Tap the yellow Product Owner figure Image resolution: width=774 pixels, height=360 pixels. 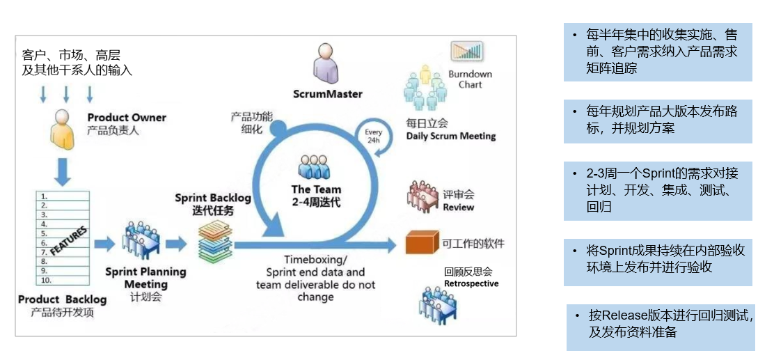pos(63,130)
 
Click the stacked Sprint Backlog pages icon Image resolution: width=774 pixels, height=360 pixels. pos(215,241)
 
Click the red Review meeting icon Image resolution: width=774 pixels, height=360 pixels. pos(423,196)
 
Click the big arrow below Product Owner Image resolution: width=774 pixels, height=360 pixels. pos(63,171)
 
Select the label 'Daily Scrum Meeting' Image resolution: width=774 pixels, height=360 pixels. pos(450,136)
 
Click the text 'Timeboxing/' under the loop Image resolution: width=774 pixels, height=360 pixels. pos(316,259)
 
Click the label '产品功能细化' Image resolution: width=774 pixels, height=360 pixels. pos(251,123)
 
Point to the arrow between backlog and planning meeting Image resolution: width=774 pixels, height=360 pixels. pos(104,243)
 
